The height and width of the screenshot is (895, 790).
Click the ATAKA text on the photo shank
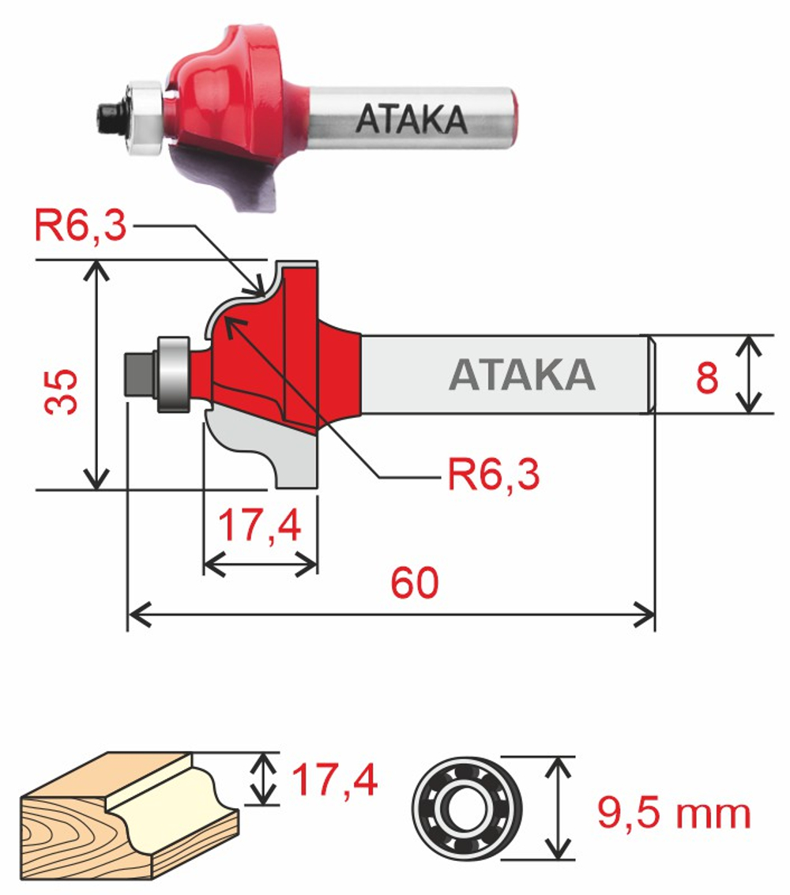click(412, 118)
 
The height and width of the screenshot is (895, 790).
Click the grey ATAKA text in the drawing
click(521, 375)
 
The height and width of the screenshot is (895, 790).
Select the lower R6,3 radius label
click(494, 476)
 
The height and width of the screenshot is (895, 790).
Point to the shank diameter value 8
click(706, 378)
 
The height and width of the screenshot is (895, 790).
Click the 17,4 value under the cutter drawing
click(260, 526)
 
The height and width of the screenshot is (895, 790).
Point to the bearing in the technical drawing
click(173, 374)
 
